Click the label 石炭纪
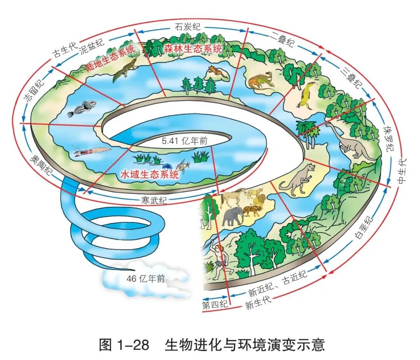(187, 27)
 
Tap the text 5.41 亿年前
(185, 142)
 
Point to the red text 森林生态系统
(193, 49)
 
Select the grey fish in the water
(81, 109)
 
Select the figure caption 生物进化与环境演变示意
(245, 344)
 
